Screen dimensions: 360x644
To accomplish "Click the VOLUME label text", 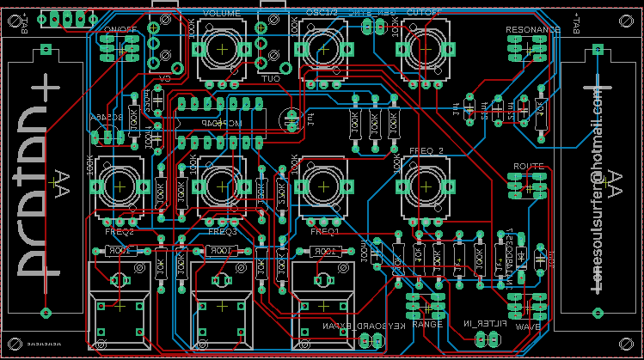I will click(222, 13).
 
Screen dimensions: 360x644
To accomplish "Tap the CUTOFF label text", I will click(424, 13).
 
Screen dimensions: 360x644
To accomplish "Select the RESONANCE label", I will click(532, 29).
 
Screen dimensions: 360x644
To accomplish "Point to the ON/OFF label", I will click(120, 30).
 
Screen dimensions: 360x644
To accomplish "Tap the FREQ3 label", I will click(222, 231).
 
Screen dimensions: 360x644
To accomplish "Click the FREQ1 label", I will click(325, 231).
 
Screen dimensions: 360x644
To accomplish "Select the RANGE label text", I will click(427, 324).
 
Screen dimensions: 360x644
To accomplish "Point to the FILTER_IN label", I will click(486, 323).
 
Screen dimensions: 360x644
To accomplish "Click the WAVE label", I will click(527, 327).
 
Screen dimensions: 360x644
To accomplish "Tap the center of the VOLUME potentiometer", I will click(223, 48).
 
